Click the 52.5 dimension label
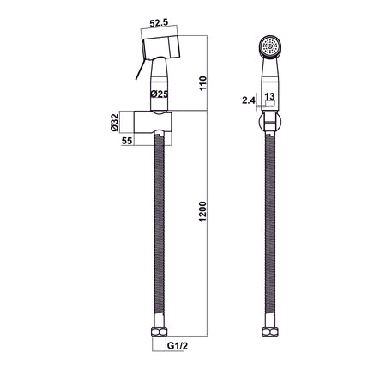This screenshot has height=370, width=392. (159, 22)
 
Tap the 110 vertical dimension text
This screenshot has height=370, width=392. (202, 83)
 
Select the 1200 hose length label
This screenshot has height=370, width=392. (202, 212)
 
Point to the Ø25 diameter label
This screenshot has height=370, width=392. (160, 94)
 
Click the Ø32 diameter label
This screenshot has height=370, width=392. (115, 123)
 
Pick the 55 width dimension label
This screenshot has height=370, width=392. (127, 141)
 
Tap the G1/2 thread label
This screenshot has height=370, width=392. (178, 346)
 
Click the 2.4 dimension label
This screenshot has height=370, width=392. (248, 100)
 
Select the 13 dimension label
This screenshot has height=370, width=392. (269, 96)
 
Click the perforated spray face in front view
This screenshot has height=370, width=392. (270, 46)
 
